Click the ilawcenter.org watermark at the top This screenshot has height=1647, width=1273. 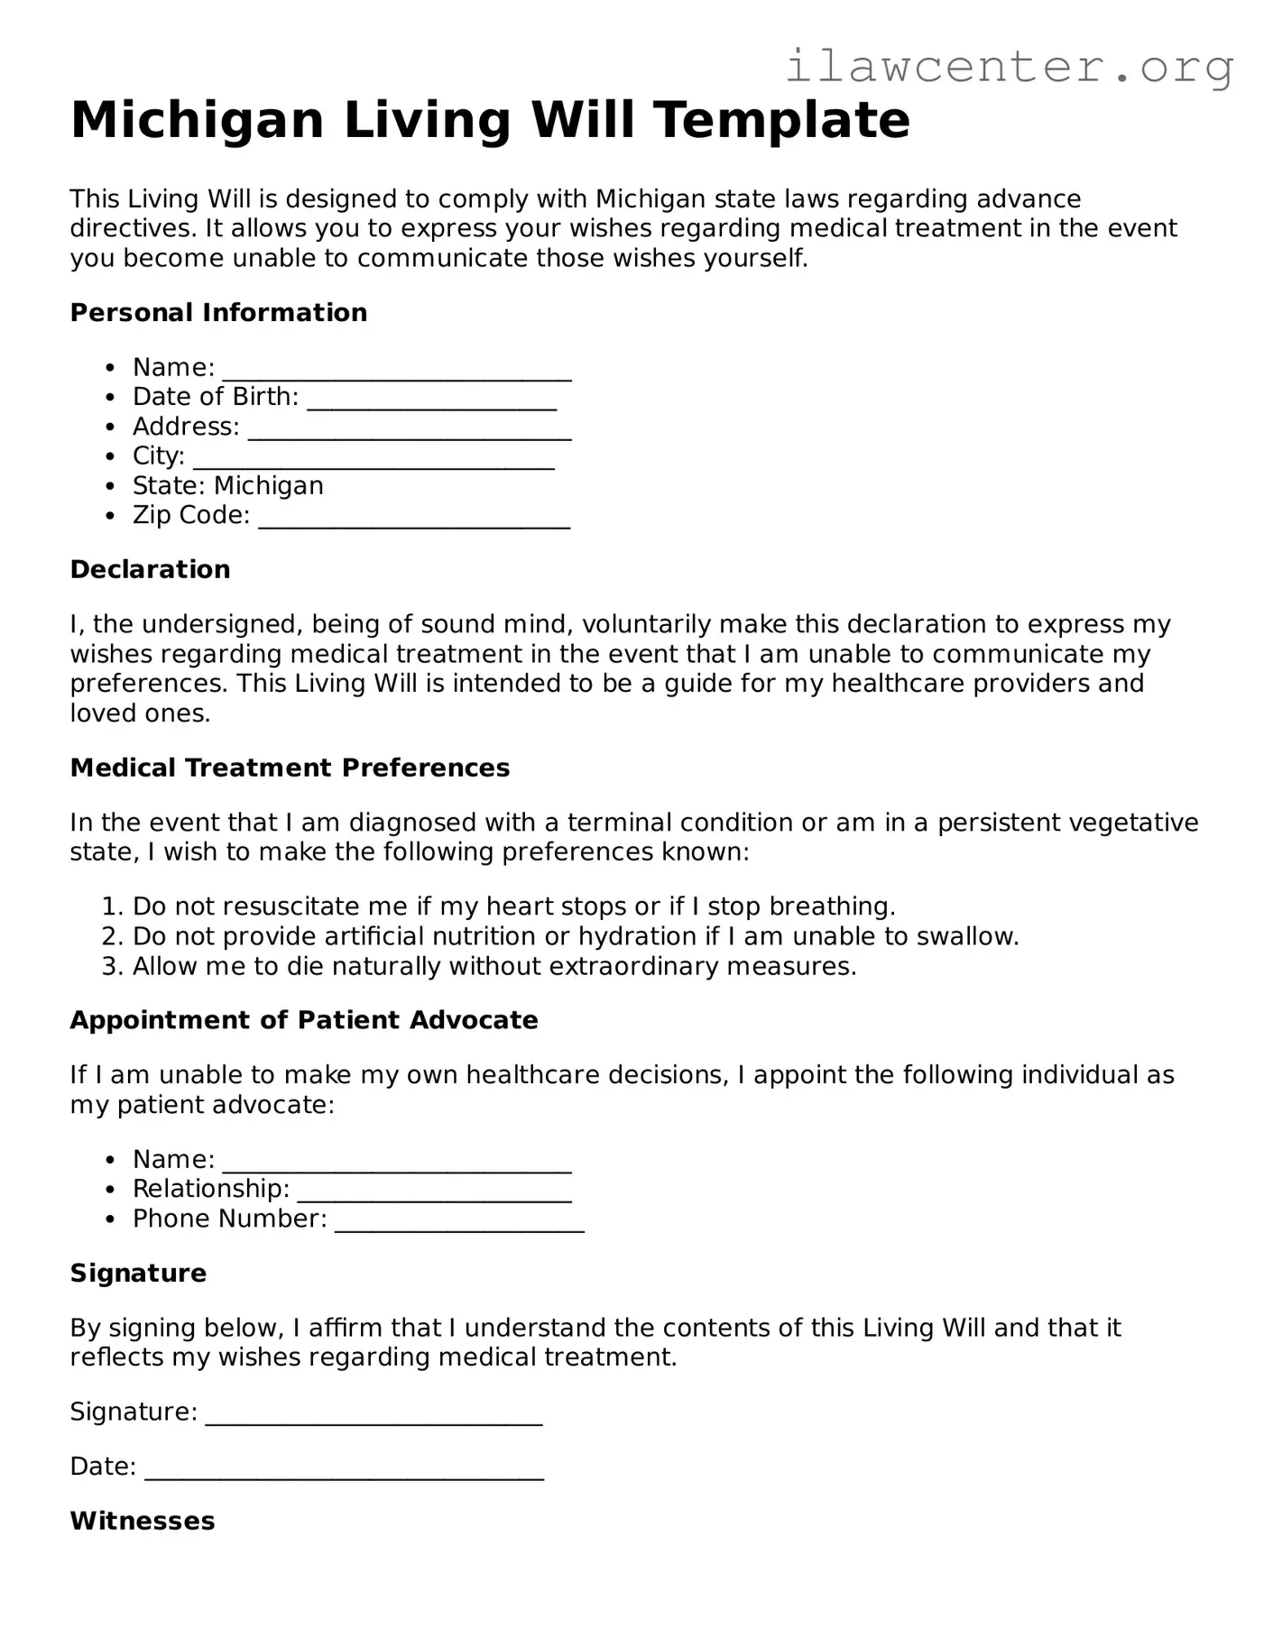pyautogui.click(x=1009, y=68)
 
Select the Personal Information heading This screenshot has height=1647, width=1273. pyautogui.click(x=218, y=313)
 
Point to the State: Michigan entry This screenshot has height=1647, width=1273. pyautogui.click(x=227, y=486)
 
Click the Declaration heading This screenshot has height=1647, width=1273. pyautogui.click(x=150, y=570)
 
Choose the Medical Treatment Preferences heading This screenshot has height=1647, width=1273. pyautogui.click(x=290, y=768)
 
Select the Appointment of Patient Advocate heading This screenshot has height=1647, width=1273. pyautogui.click(x=303, y=1021)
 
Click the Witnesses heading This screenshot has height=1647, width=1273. pyautogui.click(x=142, y=1522)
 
